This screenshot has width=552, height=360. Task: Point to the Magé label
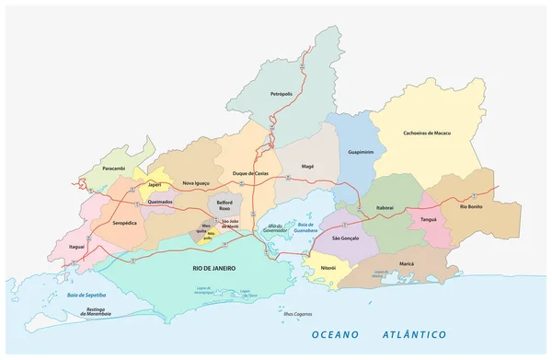point(308,166)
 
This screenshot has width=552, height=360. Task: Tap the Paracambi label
point(115,168)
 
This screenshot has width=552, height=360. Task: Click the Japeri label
point(154,185)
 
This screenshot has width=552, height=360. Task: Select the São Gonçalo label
point(345,238)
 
